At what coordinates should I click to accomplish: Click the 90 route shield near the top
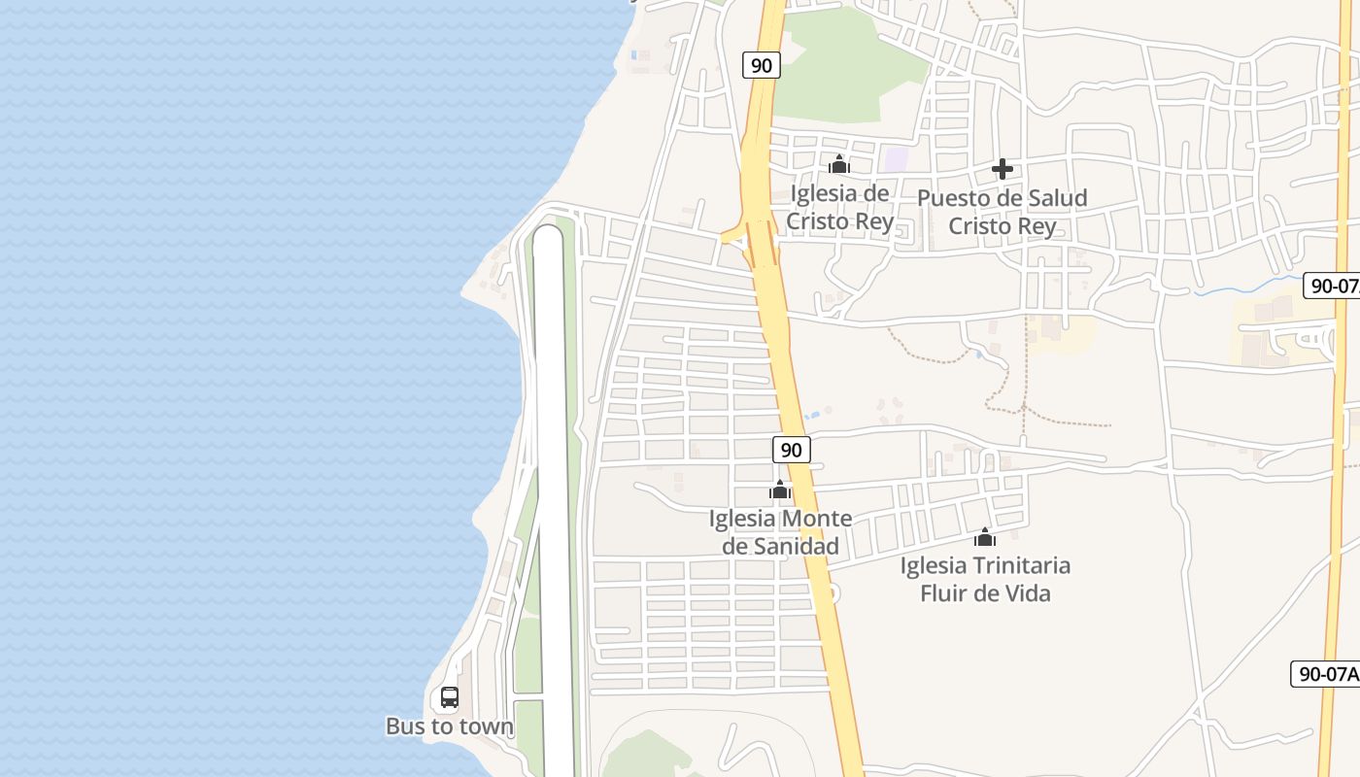pyautogui.click(x=762, y=65)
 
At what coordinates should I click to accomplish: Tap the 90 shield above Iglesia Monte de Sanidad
pyautogui.click(x=792, y=450)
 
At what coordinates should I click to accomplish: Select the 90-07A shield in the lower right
pyautogui.click(x=1326, y=674)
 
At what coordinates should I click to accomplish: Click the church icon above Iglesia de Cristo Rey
pyautogui.click(x=839, y=164)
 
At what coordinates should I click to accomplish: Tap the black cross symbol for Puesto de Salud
pyautogui.click(x=1003, y=170)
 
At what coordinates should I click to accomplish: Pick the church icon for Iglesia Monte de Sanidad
pyautogui.click(x=779, y=490)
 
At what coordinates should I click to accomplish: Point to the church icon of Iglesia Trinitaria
pyautogui.click(x=985, y=537)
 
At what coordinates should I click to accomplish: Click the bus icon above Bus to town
pyautogui.click(x=449, y=696)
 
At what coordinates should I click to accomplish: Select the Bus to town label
pyautogui.click(x=450, y=726)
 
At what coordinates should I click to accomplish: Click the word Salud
pyautogui.click(x=1055, y=198)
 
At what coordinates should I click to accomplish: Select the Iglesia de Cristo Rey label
pyautogui.click(x=839, y=207)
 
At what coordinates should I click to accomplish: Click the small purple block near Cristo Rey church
pyautogui.click(x=896, y=158)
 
